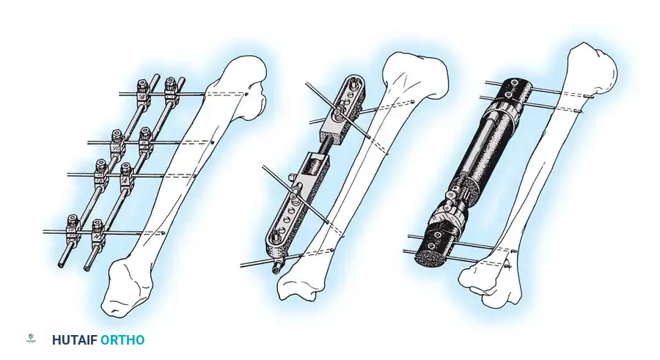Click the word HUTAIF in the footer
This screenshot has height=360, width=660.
point(74,340)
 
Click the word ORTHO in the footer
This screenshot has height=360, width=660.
point(122,340)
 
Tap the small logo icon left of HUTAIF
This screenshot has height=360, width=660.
point(30,340)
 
